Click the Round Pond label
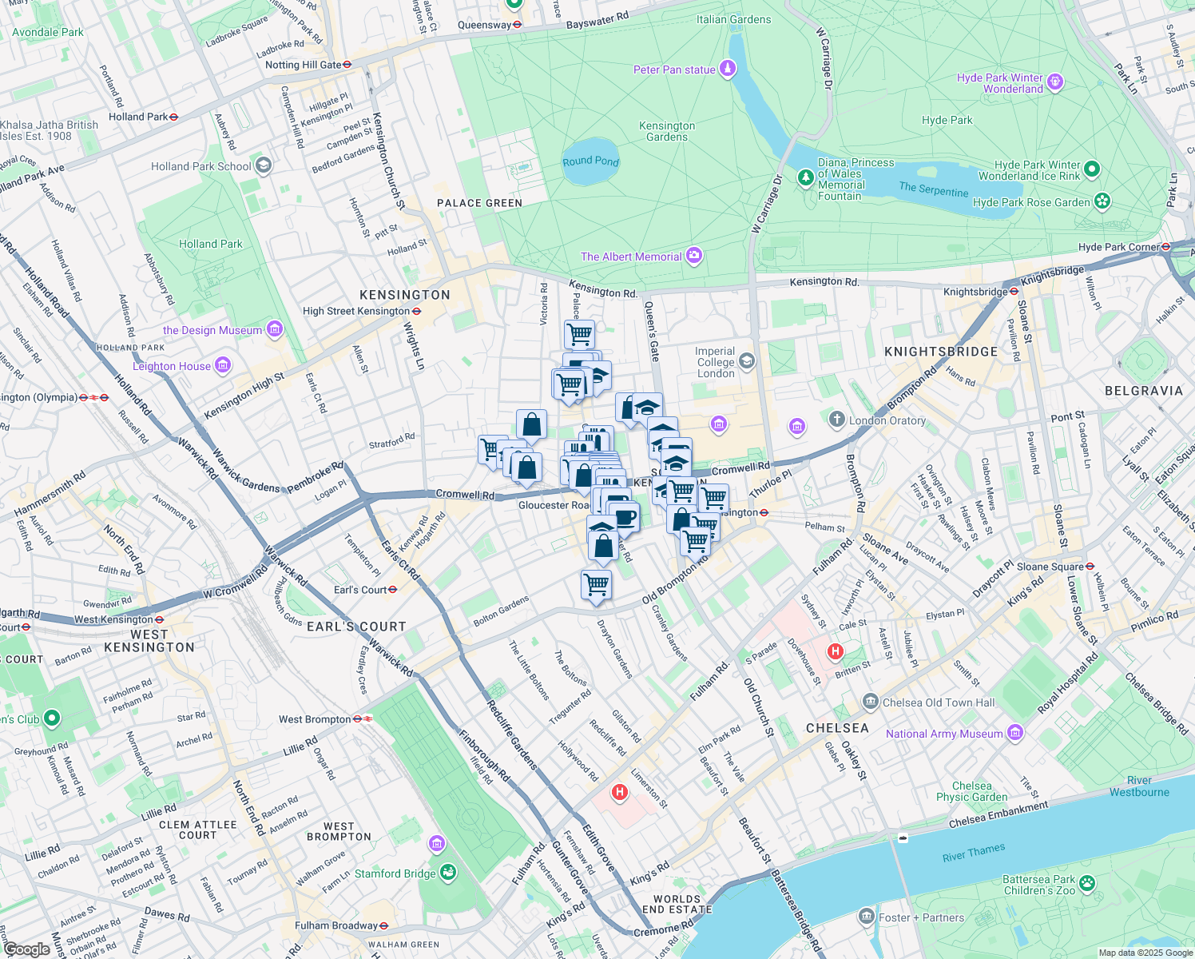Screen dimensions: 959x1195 tap(590, 161)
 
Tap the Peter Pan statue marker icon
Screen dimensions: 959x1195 tap(727, 69)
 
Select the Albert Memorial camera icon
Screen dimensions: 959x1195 tap(694, 256)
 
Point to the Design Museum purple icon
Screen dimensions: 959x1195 tap(275, 329)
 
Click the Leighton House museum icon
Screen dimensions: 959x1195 tap(223, 365)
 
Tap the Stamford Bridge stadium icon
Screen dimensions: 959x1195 tap(448, 873)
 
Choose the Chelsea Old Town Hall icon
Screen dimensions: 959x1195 tap(870, 702)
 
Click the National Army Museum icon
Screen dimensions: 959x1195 tap(1014, 732)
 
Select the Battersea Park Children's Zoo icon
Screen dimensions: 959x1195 tap(1086, 883)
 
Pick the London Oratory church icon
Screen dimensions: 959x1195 tap(836, 419)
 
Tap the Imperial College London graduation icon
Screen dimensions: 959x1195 tap(746, 361)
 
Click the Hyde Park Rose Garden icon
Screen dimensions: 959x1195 tap(1102, 201)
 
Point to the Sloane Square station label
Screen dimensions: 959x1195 tap(1050, 567)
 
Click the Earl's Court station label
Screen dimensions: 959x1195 tap(360, 590)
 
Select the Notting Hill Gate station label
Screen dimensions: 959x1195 tap(304, 65)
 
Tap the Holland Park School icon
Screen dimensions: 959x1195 tap(264, 165)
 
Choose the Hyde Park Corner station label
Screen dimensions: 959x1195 tap(1119, 247)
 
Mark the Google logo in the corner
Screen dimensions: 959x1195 tap(26, 949)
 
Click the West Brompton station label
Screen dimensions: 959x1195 tap(315, 719)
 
